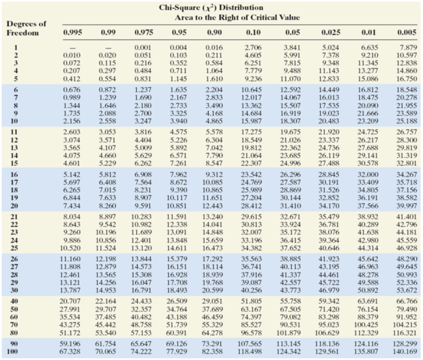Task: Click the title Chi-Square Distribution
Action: [x=211, y=7]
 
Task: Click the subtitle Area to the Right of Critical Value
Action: [x=237, y=17]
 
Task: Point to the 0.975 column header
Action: [x=143, y=32]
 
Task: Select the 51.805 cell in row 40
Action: [x=253, y=300]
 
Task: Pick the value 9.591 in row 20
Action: [x=144, y=206]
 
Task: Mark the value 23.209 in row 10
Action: [x=366, y=121]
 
